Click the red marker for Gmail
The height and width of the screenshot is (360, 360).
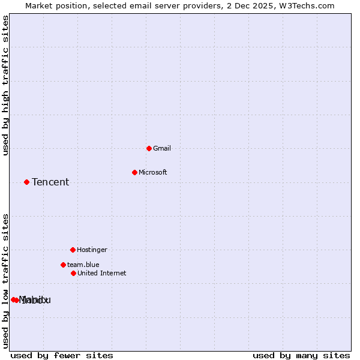coord(149,148)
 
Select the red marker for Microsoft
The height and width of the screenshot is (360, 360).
coord(134,172)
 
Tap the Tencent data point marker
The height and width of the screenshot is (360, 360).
coord(26,182)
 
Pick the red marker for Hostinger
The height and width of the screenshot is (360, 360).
coord(73,250)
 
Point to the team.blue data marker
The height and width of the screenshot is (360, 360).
coord(63,265)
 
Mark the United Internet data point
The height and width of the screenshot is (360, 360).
coord(73,273)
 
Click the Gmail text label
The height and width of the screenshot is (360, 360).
coord(162,148)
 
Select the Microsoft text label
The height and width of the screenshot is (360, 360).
coord(152,172)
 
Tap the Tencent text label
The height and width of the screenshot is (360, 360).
coord(50,182)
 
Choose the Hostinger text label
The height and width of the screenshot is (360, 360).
coord(92,250)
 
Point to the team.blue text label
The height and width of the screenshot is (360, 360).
coord(83,265)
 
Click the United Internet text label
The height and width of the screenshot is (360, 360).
coord(102,273)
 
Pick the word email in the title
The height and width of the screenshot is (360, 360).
coord(136,5)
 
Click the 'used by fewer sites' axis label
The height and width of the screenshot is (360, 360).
coord(62,355)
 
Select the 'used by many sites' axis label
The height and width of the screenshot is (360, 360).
coord(301,355)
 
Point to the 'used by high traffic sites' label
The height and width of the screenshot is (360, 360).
coord(5,86)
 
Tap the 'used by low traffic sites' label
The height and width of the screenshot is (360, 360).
coord(5,281)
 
